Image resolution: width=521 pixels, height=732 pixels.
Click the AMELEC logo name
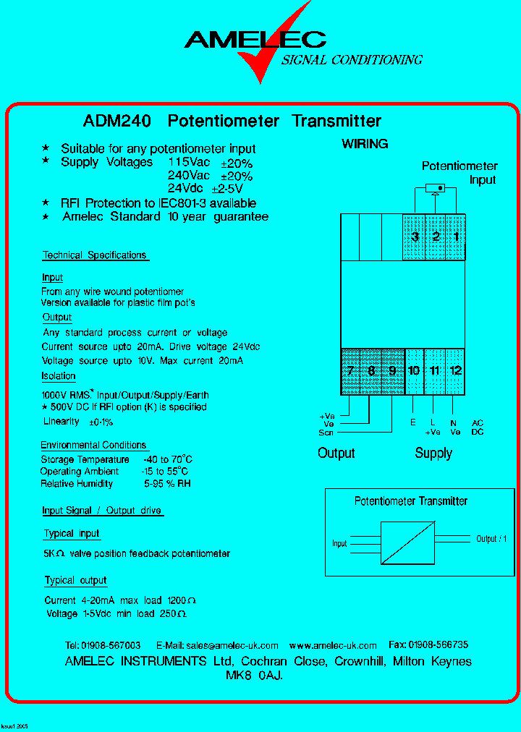(x=255, y=40)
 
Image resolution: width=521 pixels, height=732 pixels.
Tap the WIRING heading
(x=365, y=144)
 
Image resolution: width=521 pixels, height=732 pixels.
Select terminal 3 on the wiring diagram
(x=415, y=237)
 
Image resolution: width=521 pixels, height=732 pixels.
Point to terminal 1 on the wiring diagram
(x=456, y=237)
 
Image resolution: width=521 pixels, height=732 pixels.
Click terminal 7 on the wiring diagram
(x=350, y=371)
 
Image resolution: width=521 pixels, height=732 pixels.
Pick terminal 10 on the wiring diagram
(x=414, y=371)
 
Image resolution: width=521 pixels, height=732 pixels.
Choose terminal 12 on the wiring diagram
(x=455, y=371)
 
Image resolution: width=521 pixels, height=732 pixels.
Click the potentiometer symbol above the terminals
(x=435, y=190)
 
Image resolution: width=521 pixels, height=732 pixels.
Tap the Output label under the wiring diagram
(x=336, y=454)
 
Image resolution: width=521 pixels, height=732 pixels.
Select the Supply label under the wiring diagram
(x=433, y=454)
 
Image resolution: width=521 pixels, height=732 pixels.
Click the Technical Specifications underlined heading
(x=94, y=255)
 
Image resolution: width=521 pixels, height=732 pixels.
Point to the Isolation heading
(x=58, y=376)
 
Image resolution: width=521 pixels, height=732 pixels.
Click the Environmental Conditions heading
(x=93, y=446)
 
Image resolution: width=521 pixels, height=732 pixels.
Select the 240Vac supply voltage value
(x=189, y=176)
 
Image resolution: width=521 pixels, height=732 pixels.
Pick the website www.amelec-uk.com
(x=333, y=645)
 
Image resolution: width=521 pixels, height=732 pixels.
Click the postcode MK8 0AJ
(x=255, y=676)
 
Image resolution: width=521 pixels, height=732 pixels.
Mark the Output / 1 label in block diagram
(x=491, y=539)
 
